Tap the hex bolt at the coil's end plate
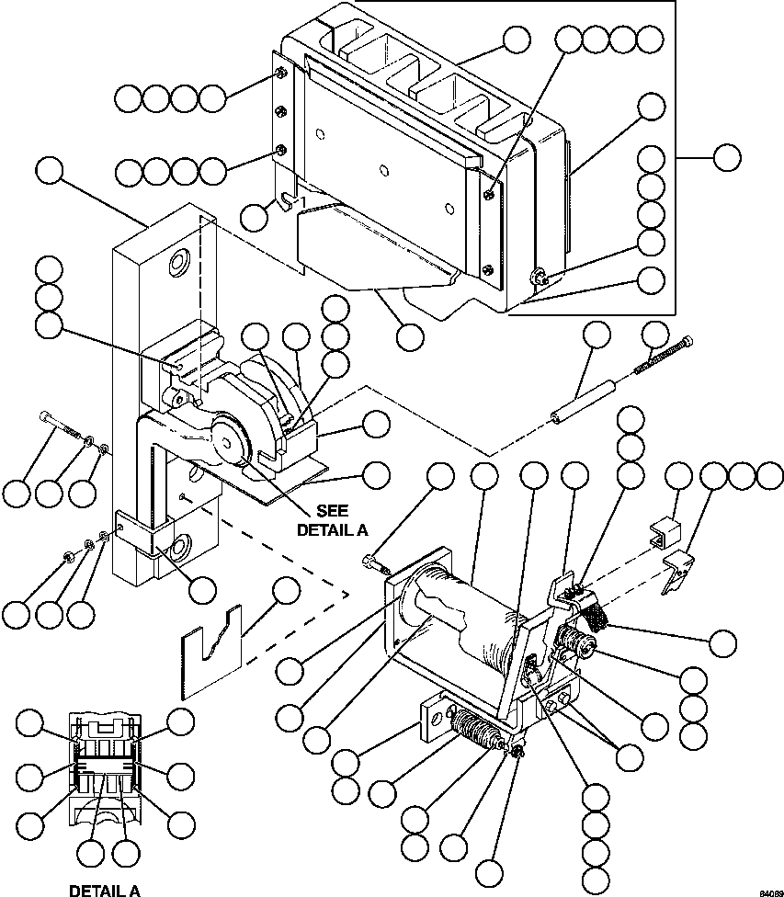point(373,561)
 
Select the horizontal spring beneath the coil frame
point(479,735)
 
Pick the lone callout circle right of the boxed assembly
point(726,157)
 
